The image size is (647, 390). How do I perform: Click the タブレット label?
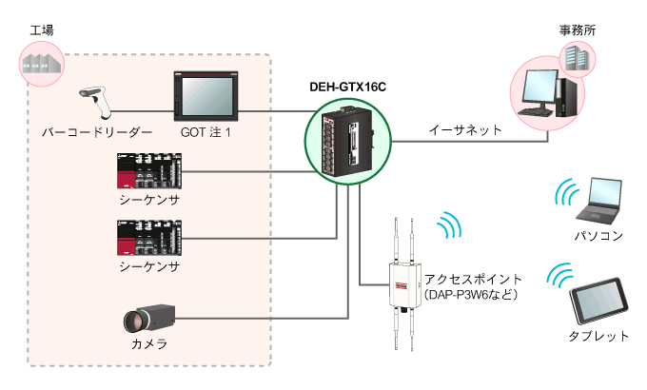click(598, 336)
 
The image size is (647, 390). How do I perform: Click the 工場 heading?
click(42, 30)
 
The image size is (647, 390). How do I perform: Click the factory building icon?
click(43, 63)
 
